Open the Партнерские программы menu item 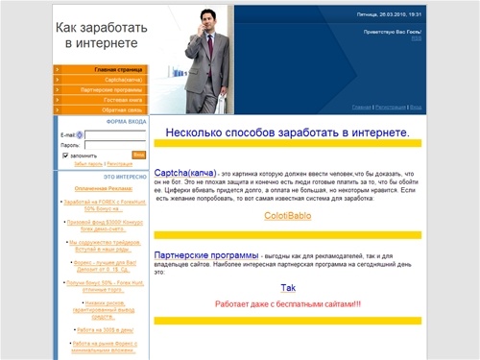pos(114,90)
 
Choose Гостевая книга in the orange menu pos(123,100)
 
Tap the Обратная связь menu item pos(124,110)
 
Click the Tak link pos(288,288)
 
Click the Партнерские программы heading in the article pos(205,255)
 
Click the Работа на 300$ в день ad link pos(103,328)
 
